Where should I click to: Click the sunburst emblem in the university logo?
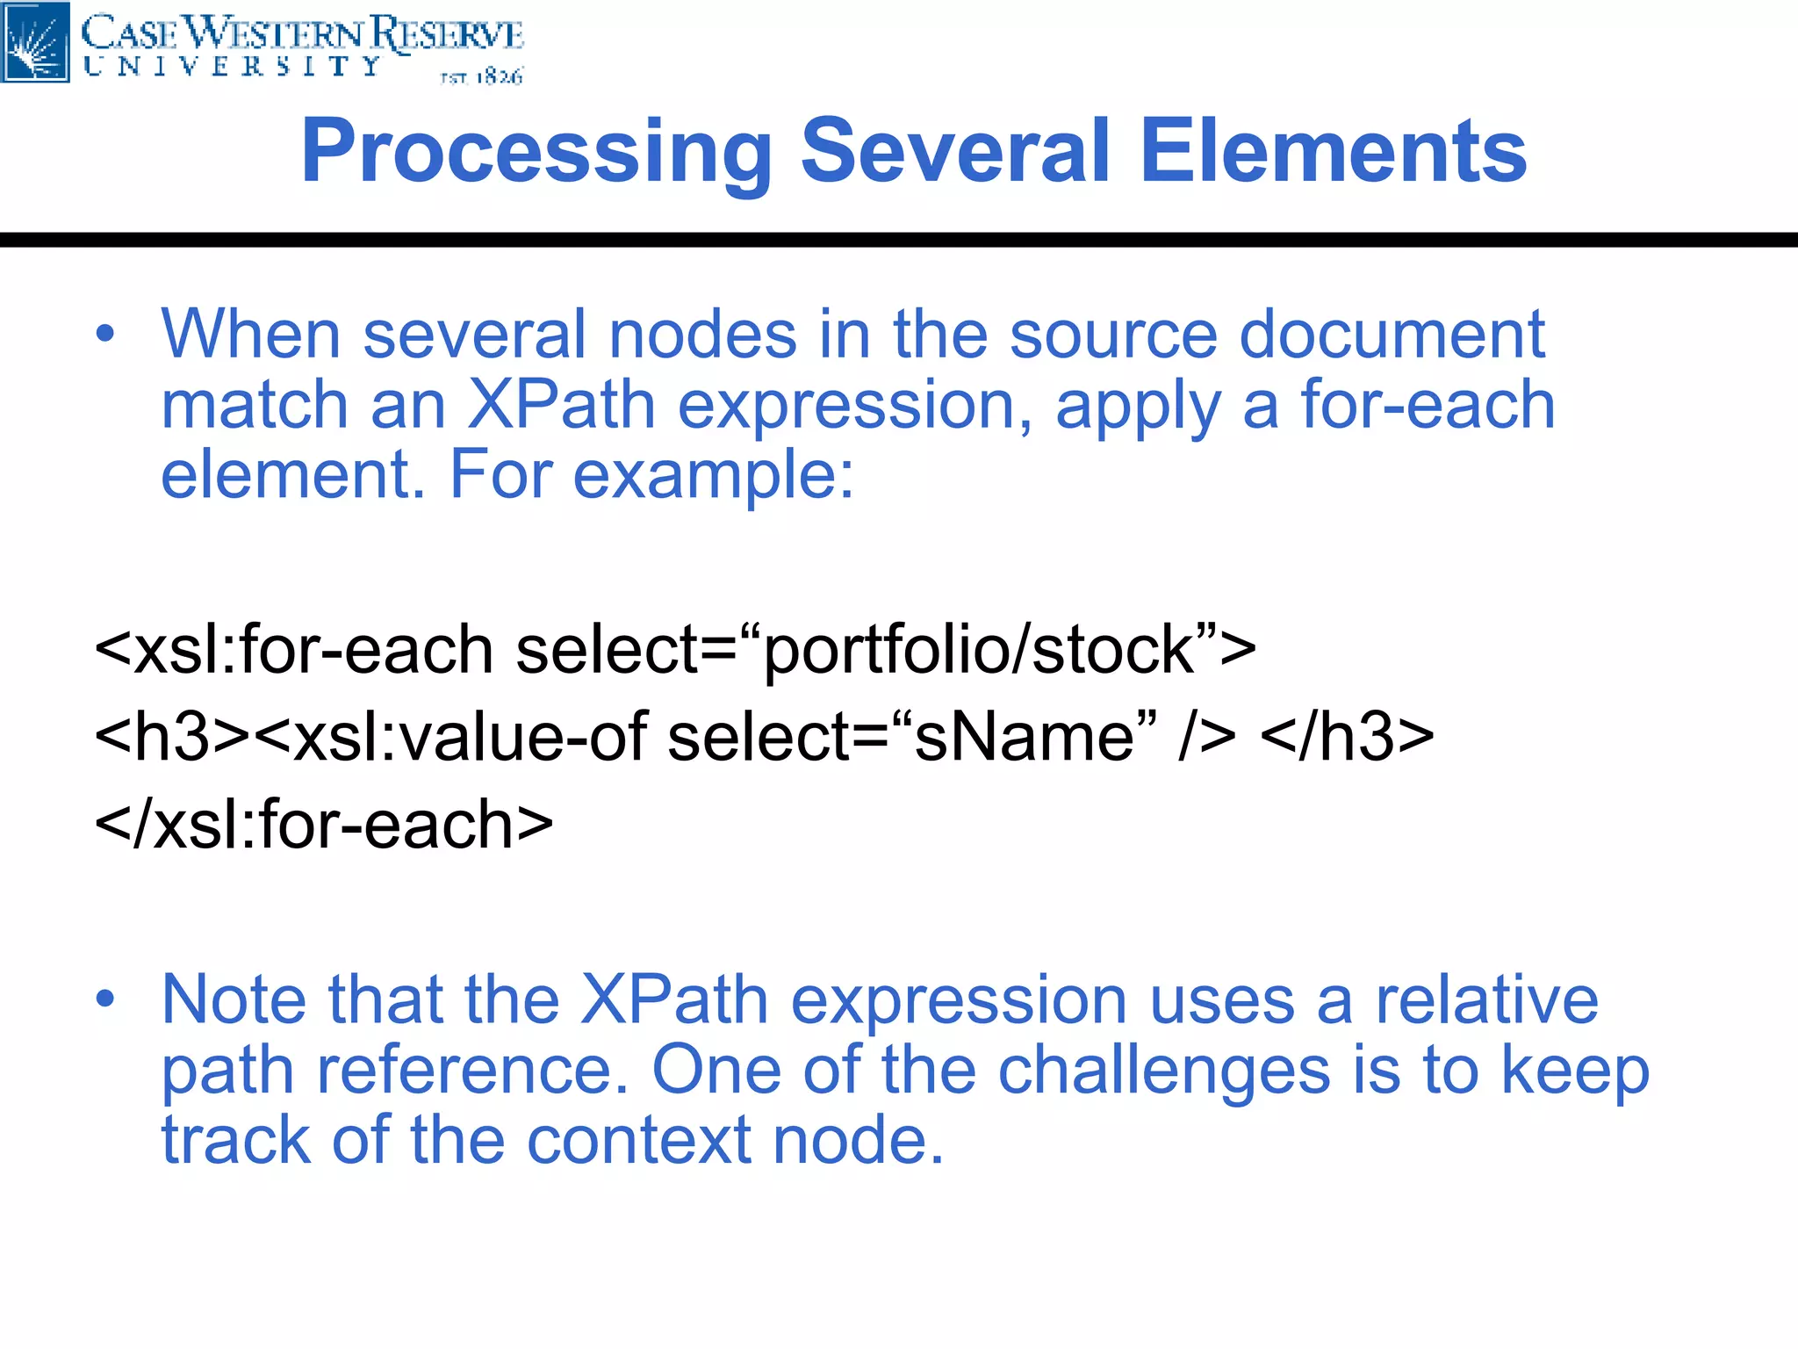click(x=35, y=41)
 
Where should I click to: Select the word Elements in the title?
click(x=1333, y=151)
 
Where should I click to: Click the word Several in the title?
click(x=955, y=151)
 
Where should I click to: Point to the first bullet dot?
click(x=105, y=335)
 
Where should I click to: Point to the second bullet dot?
click(x=105, y=999)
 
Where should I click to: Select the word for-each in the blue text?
click(x=1428, y=405)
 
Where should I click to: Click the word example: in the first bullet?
click(x=713, y=475)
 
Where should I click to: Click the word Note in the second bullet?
click(x=234, y=999)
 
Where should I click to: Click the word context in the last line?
click(x=639, y=1140)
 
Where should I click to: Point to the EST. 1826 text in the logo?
click(x=481, y=77)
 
